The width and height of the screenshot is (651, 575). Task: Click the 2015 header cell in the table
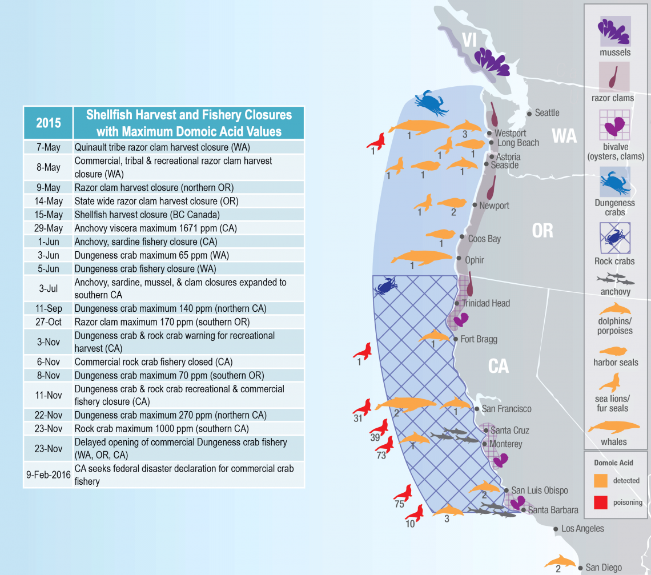pyautogui.click(x=48, y=123)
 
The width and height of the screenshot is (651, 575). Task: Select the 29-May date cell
pyautogui.click(x=48, y=228)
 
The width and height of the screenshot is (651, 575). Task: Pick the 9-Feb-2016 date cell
pyautogui.click(x=48, y=475)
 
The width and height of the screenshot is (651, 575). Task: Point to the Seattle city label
pyautogui.click(x=546, y=113)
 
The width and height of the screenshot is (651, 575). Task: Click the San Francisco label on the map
pyautogui.click(x=506, y=409)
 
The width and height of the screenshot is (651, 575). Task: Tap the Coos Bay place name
pyautogui.click(x=484, y=239)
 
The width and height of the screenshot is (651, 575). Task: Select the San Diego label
pyautogui.click(x=604, y=568)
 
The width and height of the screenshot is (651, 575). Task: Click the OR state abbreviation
pyautogui.click(x=542, y=230)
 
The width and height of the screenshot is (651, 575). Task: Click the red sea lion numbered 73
pyautogui.click(x=385, y=444)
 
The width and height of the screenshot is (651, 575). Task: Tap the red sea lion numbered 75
pyautogui.click(x=403, y=493)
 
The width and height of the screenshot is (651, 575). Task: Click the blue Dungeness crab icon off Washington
pyautogui.click(x=431, y=103)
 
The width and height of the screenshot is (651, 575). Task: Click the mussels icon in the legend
pyautogui.click(x=614, y=31)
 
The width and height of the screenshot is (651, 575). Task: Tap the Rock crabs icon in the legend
pyautogui.click(x=614, y=238)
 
